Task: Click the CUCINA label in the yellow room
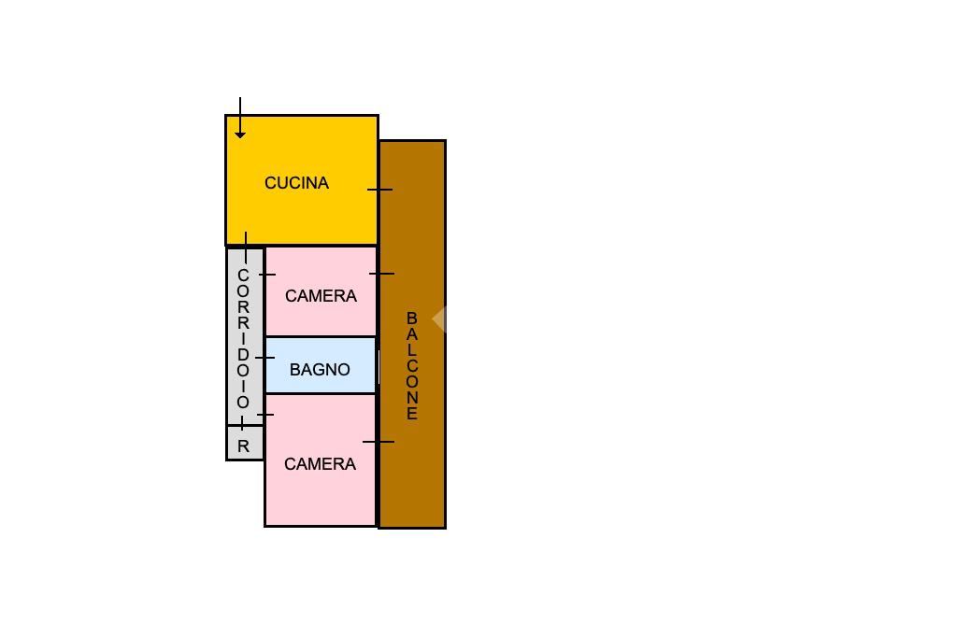click(x=296, y=183)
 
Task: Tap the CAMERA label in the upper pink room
click(x=321, y=296)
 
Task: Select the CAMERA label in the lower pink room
click(x=320, y=464)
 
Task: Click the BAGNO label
click(x=320, y=370)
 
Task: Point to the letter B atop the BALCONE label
click(x=411, y=318)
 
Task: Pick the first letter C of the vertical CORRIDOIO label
click(x=243, y=276)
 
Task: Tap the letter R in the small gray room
click(x=244, y=446)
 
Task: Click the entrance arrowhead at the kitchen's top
click(x=240, y=134)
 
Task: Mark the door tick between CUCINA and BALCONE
click(x=379, y=190)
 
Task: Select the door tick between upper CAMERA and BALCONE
click(x=381, y=274)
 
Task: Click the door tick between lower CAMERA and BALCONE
click(x=379, y=442)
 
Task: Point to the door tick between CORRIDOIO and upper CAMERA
click(x=266, y=275)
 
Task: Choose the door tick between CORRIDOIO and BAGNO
click(x=264, y=358)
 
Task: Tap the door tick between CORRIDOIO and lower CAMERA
click(x=264, y=414)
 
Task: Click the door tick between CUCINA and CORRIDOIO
click(x=246, y=247)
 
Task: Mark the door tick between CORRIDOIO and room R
click(x=243, y=425)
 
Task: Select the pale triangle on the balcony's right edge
click(x=438, y=319)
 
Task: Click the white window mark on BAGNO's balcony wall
click(x=378, y=367)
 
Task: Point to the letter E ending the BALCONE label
click(x=411, y=414)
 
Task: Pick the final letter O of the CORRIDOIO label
click(x=243, y=403)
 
